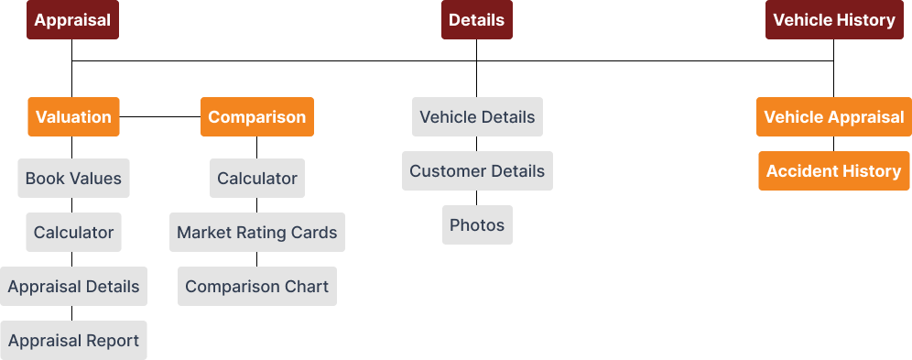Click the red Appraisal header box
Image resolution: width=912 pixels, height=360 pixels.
(72, 20)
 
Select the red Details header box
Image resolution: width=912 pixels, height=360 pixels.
(476, 20)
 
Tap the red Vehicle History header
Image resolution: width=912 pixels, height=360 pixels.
(833, 20)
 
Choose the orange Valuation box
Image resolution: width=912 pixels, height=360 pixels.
(73, 117)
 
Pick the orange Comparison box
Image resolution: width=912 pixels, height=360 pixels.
(256, 117)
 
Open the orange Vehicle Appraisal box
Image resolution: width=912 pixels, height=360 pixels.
(833, 117)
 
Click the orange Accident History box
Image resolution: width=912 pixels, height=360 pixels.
(833, 171)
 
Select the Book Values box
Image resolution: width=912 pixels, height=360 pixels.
(73, 179)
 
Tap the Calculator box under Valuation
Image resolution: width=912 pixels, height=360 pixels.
(73, 233)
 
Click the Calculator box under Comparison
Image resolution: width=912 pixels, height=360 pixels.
(256, 179)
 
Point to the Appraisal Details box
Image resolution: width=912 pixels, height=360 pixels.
(73, 287)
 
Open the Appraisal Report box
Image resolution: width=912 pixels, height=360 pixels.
(73, 341)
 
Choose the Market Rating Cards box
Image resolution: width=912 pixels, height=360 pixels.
(256, 233)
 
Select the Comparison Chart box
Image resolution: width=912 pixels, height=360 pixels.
(256, 287)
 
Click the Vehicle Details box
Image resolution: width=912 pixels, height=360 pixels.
(476, 117)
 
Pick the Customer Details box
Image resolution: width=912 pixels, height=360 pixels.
(476, 171)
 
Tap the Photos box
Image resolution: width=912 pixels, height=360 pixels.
(476, 225)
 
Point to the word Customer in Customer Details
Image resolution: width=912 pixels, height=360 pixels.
(446, 171)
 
